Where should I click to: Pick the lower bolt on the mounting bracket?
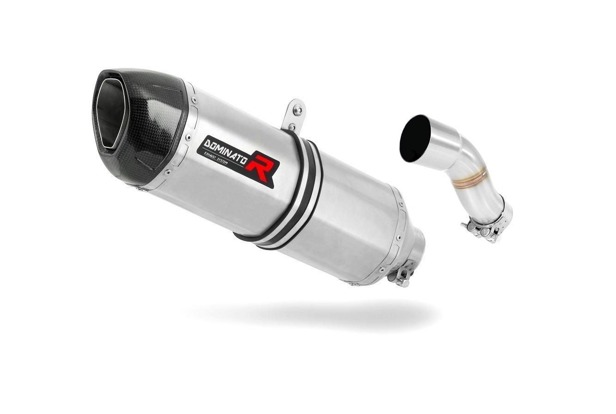pos(293,127)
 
